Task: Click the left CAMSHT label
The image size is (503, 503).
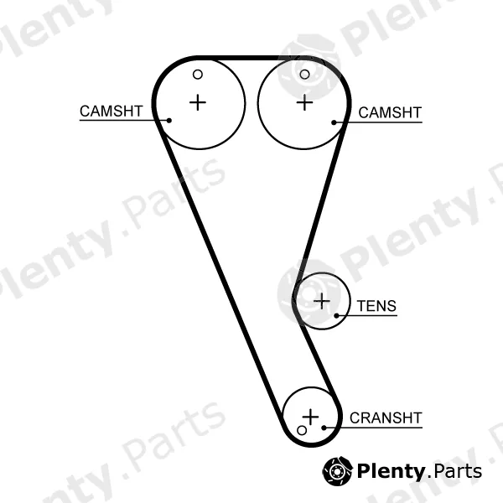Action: click(x=111, y=111)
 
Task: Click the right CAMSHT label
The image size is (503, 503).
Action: click(x=390, y=113)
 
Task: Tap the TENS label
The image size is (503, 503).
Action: click(x=376, y=306)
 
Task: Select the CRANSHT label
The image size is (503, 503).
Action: click(x=386, y=418)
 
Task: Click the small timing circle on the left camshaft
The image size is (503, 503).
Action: click(x=198, y=75)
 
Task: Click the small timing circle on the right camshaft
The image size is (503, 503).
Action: click(x=304, y=75)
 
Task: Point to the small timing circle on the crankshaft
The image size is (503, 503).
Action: click(x=302, y=431)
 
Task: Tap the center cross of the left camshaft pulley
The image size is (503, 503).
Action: click(x=198, y=102)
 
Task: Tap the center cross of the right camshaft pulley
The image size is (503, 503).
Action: click(x=304, y=102)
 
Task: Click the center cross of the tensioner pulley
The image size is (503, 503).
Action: click(x=321, y=301)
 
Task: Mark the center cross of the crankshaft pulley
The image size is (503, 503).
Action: click(x=310, y=417)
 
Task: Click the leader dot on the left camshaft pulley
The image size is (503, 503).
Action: click(x=169, y=120)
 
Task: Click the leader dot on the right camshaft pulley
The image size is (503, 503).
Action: click(x=334, y=122)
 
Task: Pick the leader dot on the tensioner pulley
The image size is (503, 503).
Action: click(x=336, y=316)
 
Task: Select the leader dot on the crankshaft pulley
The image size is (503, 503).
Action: click(x=324, y=428)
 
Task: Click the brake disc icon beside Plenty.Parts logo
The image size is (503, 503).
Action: click(x=337, y=471)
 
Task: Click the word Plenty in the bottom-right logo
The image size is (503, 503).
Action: click(x=391, y=472)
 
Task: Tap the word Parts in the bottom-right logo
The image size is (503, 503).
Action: click(x=457, y=471)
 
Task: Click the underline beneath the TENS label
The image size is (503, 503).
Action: click(x=366, y=316)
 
